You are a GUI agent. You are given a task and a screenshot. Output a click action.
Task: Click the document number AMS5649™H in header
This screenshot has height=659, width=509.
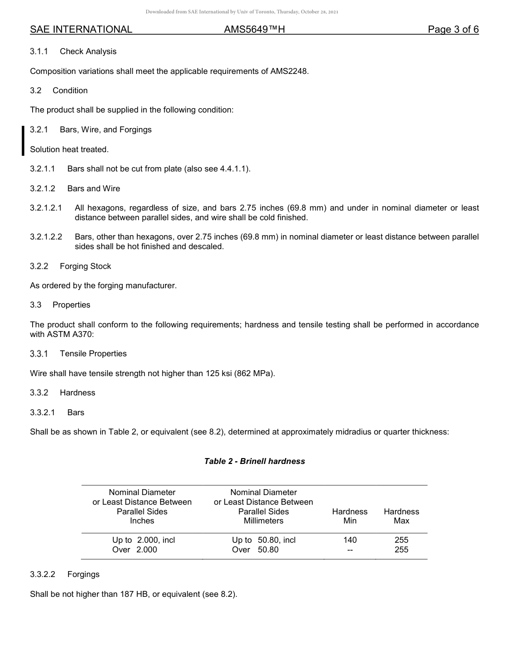[x=254, y=29]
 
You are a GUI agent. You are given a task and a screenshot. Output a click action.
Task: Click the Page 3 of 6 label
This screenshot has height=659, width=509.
[x=453, y=29]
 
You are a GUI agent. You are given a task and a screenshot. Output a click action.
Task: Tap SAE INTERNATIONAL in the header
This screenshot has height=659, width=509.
[x=81, y=29]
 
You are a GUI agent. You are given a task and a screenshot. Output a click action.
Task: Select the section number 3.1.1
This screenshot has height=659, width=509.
[x=39, y=51]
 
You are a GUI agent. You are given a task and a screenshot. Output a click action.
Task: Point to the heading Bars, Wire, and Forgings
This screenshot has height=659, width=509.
[x=106, y=130]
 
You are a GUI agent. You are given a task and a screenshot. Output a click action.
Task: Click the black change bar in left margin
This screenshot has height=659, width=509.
[x=23, y=140]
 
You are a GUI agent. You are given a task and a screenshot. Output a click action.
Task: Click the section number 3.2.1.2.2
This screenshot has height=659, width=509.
[x=46, y=237]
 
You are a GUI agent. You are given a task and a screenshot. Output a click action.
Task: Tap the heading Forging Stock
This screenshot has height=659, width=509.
[x=85, y=266]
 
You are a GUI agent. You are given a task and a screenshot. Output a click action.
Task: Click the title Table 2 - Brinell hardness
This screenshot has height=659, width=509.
[x=254, y=461]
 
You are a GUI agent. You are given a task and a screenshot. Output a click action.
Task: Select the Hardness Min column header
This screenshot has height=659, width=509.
[x=350, y=516]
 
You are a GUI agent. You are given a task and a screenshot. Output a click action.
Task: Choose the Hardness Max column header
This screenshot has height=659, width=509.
[x=401, y=516]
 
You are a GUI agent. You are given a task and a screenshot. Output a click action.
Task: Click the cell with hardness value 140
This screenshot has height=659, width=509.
[x=350, y=540]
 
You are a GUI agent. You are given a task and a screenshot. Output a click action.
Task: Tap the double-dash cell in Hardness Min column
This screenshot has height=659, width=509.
[x=350, y=550]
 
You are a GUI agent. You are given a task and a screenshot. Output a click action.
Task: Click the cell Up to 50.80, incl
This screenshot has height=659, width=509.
[x=264, y=540]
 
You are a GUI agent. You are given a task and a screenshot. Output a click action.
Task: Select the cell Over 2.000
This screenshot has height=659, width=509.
[x=134, y=550]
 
